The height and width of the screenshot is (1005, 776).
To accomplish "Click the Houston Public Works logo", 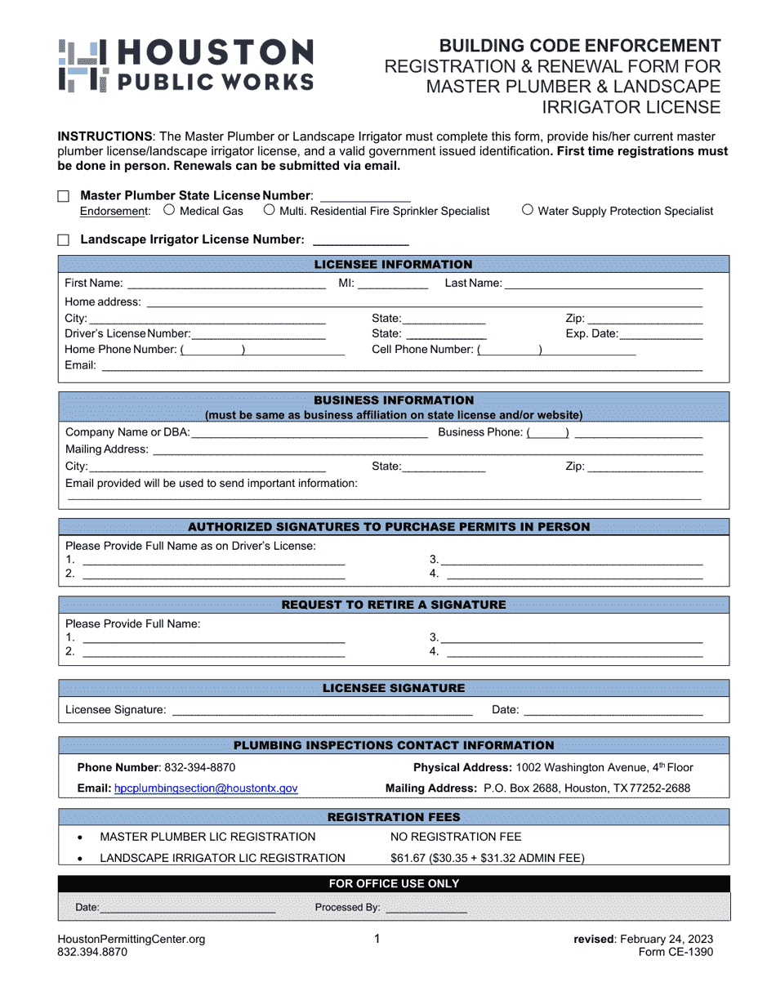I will (185, 65).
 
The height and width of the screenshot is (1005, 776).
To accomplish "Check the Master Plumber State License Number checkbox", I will (64, 196).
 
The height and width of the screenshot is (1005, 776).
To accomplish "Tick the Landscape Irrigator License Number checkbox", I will (64, 240).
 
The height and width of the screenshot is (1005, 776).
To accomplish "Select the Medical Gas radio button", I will (169, 210).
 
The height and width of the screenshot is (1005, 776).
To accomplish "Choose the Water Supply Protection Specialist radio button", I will (527, 210).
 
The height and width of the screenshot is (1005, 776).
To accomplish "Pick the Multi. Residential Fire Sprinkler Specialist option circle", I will (269, 210).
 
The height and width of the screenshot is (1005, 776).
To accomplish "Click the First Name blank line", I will (226, 284).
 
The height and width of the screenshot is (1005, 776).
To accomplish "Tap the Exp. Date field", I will (661, 333).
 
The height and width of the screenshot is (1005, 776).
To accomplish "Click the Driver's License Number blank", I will (258, 333).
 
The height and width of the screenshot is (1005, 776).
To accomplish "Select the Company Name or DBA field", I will (309, 432).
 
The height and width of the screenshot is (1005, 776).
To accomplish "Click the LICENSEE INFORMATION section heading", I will (393, 264).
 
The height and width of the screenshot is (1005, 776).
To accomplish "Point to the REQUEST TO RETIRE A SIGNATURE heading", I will (393, 605).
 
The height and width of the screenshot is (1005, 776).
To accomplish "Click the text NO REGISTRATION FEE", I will (456, 837).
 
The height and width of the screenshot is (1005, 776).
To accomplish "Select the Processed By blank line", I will (426, 908).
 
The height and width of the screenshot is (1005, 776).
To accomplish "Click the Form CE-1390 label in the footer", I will (676, 952).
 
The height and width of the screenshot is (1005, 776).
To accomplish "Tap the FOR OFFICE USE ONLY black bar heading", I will (393, 883).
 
